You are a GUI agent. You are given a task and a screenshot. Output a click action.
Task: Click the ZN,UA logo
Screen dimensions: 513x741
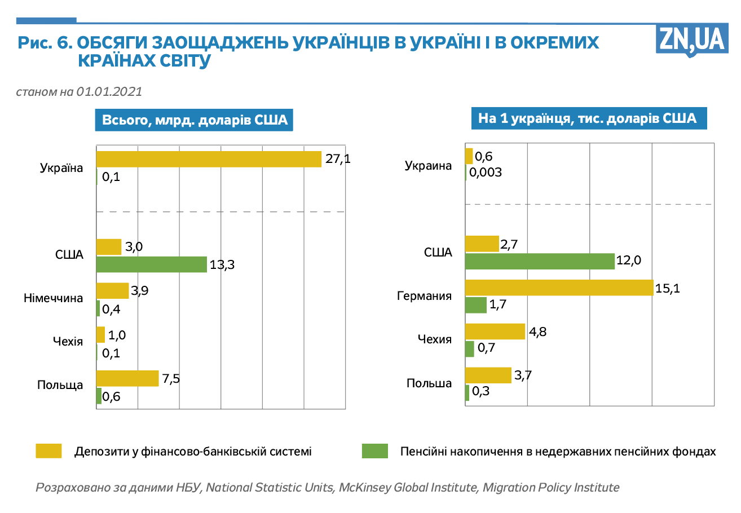click(x=690, y=39)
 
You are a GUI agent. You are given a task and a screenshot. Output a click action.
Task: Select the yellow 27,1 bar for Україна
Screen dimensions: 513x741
click(x=209, y=159)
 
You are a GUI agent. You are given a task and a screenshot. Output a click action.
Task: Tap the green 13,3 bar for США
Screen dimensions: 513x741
click(x=152, y=264)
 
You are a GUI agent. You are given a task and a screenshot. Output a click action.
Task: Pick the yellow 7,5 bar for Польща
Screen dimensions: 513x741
click(x=127, y=378)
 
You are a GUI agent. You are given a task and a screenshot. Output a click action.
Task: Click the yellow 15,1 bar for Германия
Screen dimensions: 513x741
click(x=559, y=288)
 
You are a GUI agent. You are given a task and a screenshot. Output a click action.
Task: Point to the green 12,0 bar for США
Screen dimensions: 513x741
click(x=540, y=261)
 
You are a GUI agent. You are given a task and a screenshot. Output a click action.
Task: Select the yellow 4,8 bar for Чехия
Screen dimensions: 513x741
click(x=495, y=331)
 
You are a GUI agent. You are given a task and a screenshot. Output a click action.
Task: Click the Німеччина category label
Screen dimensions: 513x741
click(x=54, y=298)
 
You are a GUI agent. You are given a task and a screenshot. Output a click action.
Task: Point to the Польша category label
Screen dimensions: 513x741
click(x=429, y=383)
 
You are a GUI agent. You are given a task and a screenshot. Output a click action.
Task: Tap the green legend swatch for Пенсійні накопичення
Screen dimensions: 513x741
click(x=374, y=452)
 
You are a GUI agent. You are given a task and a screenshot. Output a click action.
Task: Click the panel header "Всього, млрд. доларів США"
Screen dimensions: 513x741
click(x=195, y=120)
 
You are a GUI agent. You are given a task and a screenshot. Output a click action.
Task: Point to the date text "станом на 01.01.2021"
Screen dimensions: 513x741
click(x=79, y=91)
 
